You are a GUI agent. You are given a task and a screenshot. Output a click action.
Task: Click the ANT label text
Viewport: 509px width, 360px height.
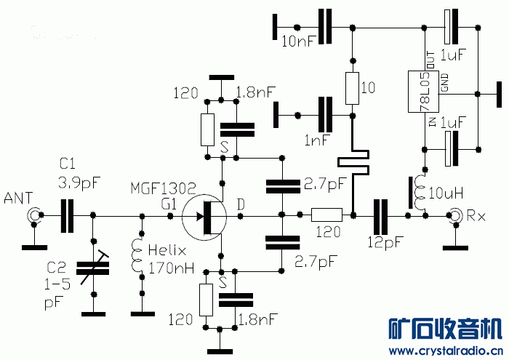(17, 197)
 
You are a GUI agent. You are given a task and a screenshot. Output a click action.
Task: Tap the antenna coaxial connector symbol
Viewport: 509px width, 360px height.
(33, 216)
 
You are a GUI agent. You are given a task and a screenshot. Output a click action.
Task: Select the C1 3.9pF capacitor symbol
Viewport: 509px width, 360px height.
(68, 216)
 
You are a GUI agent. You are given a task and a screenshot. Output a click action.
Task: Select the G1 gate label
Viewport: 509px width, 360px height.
(169, 206)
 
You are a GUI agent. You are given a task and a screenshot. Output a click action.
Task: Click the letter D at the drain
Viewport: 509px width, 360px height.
(241, 206)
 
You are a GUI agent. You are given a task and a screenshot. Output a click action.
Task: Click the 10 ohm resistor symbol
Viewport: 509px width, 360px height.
(352, 88)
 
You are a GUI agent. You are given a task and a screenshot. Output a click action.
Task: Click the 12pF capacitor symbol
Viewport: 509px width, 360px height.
(380, 216)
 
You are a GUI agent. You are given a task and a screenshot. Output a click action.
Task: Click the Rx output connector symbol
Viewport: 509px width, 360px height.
(456, 216)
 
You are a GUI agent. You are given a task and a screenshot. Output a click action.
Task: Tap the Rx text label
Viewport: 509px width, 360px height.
(478, 216)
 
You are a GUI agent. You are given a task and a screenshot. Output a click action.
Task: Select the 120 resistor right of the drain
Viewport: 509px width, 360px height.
(326, 215)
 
